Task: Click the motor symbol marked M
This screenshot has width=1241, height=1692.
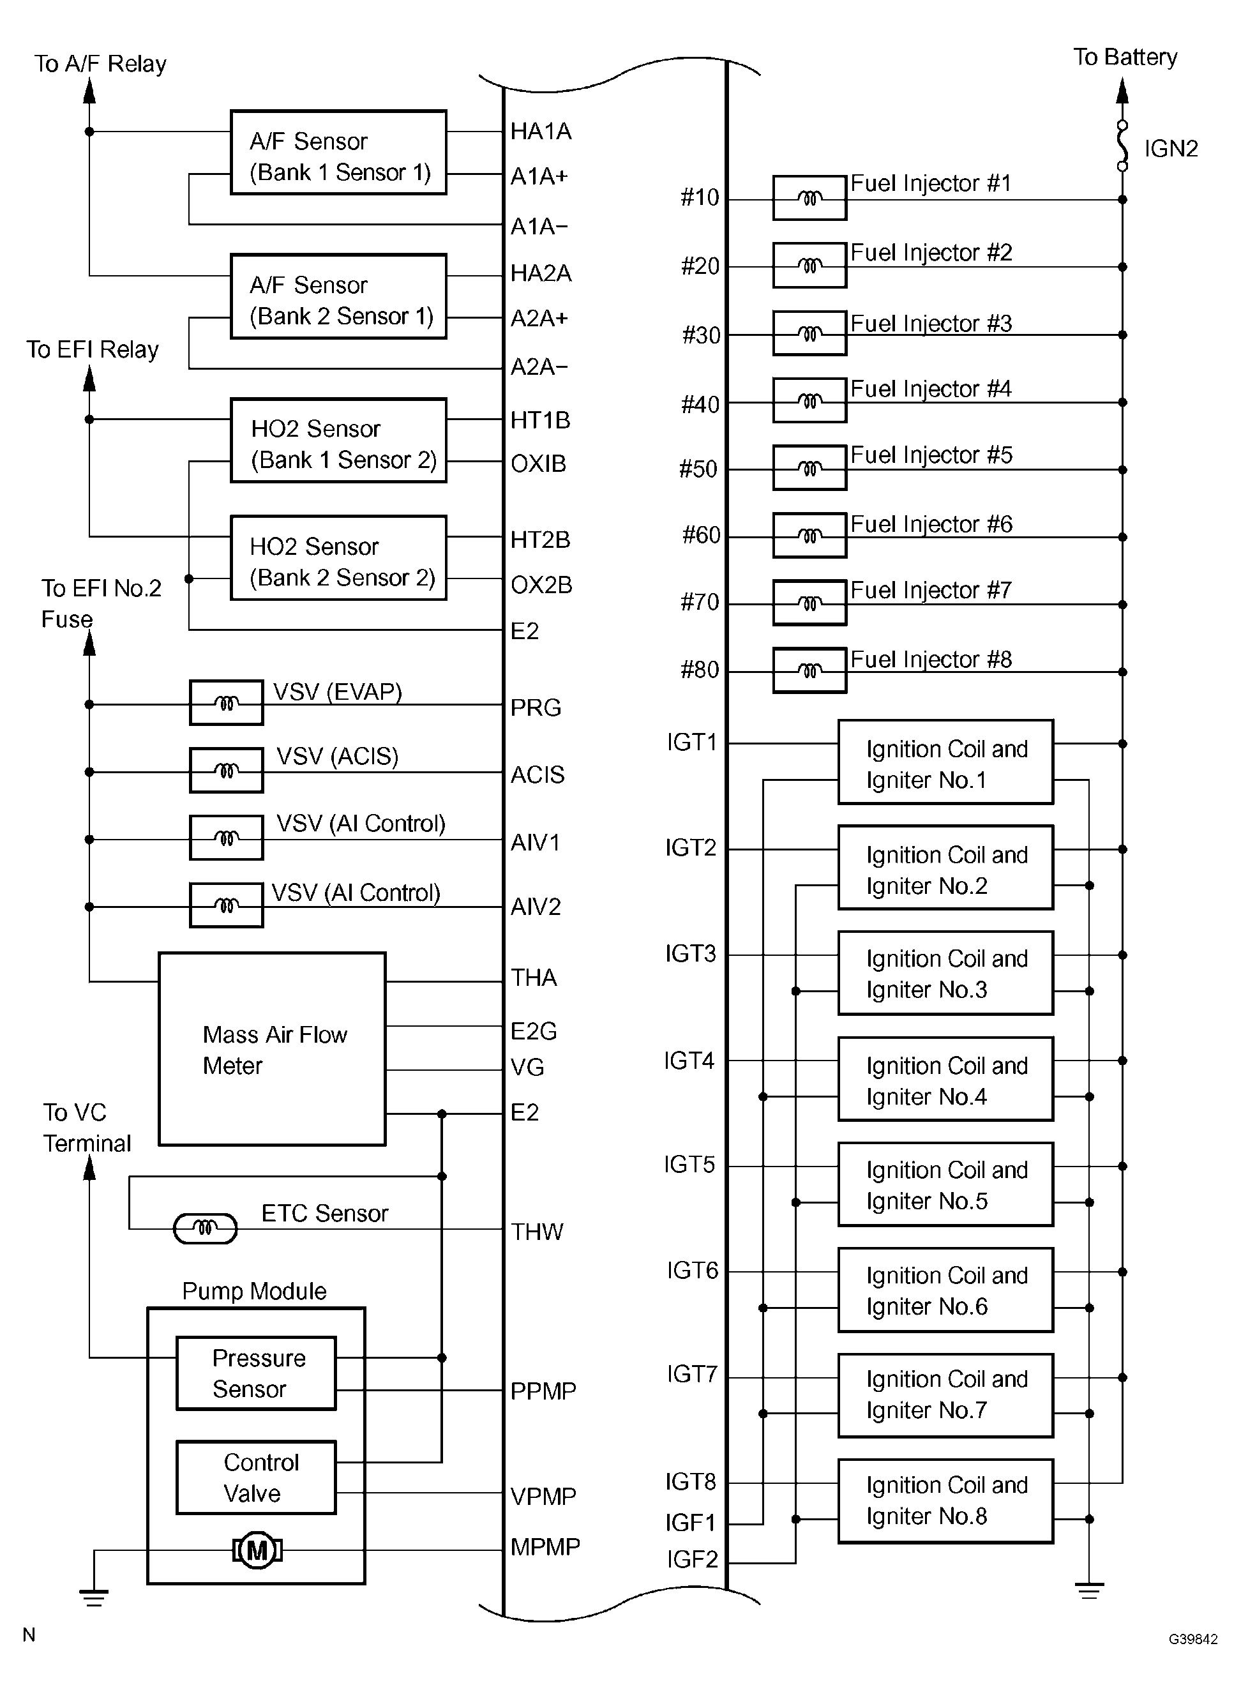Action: coord(257,1550)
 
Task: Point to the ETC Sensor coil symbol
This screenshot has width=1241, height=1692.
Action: coord(205,1229)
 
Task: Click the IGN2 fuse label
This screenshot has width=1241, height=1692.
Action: coord(1170,149)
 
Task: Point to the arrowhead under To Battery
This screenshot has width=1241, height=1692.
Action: coord(1122,91)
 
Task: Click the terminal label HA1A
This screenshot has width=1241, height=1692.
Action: coord(541,132)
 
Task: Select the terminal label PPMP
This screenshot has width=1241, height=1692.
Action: coord(543,1391)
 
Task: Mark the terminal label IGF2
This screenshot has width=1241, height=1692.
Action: coord(692,1559)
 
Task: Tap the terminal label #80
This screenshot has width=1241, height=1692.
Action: coord(700,669)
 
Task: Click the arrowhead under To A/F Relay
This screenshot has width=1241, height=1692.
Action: coord(89,90)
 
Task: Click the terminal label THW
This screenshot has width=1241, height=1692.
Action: coord(536,1232)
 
